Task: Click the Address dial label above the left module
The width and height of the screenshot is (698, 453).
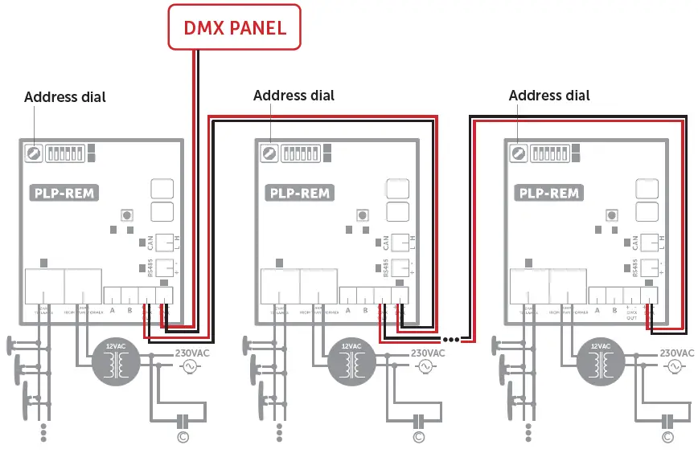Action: pos(64,97)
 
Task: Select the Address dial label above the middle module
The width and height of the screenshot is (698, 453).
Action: pos(294,96)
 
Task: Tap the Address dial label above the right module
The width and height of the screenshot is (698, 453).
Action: pos(549,96)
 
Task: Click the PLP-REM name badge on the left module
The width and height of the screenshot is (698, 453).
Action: pos(64,193)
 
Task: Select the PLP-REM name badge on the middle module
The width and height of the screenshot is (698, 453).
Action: pos(300,193)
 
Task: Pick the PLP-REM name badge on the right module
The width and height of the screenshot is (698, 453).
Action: pos(549,193)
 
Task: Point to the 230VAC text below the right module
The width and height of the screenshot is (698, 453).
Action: pos(676,353)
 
